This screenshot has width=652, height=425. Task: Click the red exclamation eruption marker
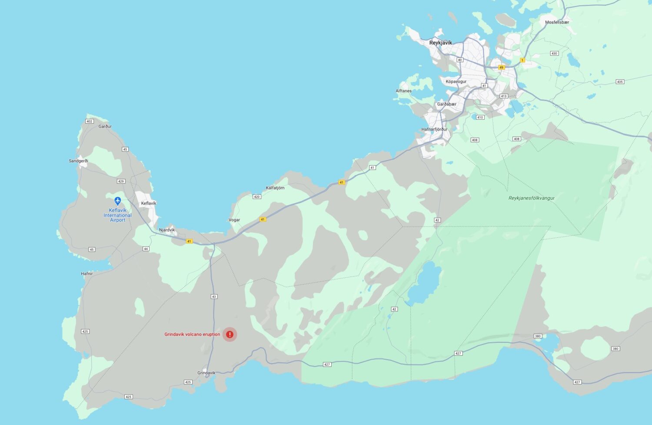tap(230, 334)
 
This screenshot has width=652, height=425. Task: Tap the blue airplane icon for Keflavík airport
tap(117, 201)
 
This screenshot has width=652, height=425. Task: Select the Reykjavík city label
tap(440, 43)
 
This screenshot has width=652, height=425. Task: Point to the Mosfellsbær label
tap(557, 22)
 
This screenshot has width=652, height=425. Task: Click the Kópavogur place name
tap(456, 81)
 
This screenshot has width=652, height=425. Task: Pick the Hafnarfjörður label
tap(434, 129)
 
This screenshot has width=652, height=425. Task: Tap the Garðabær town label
tap(447, 105)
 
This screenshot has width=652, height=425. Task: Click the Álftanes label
tap(403, 91)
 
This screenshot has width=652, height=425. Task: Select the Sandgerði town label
tap(78, 161)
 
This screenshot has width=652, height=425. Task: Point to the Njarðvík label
tap(167, 230)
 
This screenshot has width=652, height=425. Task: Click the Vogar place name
tap(234, 220)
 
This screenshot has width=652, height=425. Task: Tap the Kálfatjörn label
tap(275, 188)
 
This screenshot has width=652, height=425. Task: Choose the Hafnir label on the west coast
tap(86, 274)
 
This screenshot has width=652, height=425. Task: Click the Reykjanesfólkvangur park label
tap(531, 198)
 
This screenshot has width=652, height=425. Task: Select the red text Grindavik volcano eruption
tap(192, 334)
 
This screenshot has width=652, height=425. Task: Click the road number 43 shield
tap(214, 297)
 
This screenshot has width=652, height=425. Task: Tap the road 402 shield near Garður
tap(90, 121)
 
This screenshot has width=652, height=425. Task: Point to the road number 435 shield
tap(620, 82)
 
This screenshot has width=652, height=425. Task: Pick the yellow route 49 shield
tap(502, 67)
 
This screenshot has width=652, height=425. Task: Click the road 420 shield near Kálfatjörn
tap(256, 197)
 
